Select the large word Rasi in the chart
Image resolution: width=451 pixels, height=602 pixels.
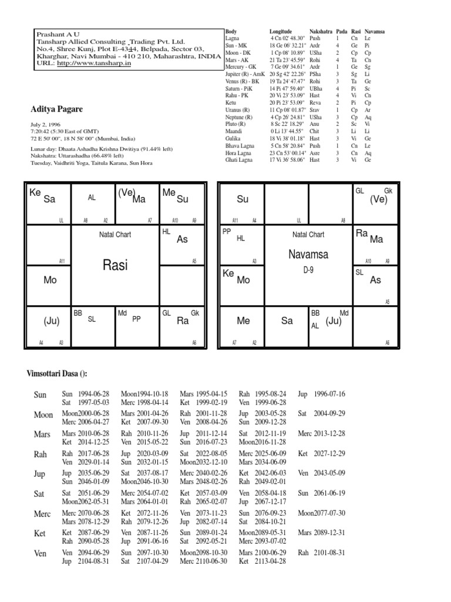click(x=115, y=265)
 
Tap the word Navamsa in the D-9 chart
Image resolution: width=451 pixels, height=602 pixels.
click(x=308, y=254)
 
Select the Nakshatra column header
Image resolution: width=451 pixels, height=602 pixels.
click(x=321, y=30)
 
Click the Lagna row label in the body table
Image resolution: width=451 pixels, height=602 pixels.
click(x=233, y=37)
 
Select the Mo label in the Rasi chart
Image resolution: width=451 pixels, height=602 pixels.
click(x=50, y=280)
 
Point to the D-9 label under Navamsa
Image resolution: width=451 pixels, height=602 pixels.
click(x=308, y=269)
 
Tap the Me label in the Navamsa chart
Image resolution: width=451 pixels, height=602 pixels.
click(x=243, y=320)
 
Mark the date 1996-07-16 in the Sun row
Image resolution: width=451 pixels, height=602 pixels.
click(x=329, y=394)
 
